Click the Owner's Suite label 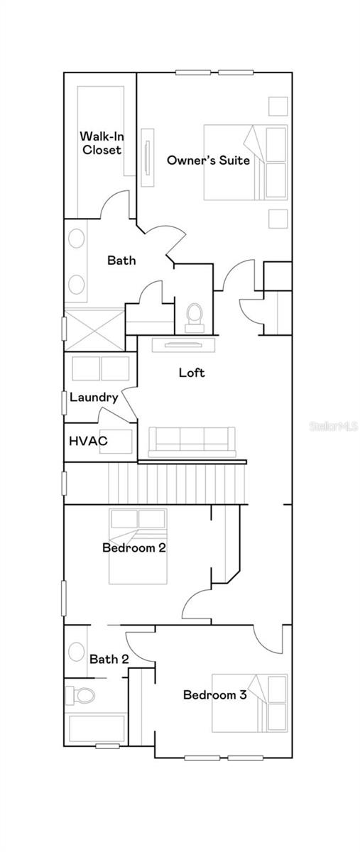click(x=208, y=160)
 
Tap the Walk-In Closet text click(x=102, y=143)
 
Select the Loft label click(x=192, y=372)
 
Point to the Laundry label click(x=94, y=398)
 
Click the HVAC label click(x=88, y=441)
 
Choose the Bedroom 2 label click(x=134, y=547)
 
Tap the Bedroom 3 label click(x=214, y=695)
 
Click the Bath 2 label click(x=109, y=659)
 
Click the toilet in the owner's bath click(x=195, y=318)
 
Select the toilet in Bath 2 click(x=80, y=696)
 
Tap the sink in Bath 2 click(x=77, y=652)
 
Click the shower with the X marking click(x=94, y=330)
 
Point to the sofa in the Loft click(x=192, y=442)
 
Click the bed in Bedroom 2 click(x=138, y=546)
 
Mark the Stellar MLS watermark click(x=334, y=425)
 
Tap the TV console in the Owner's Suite click(x=148, y=158)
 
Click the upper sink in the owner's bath click(x=77, y=239)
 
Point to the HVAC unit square click(x=116, y=441)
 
